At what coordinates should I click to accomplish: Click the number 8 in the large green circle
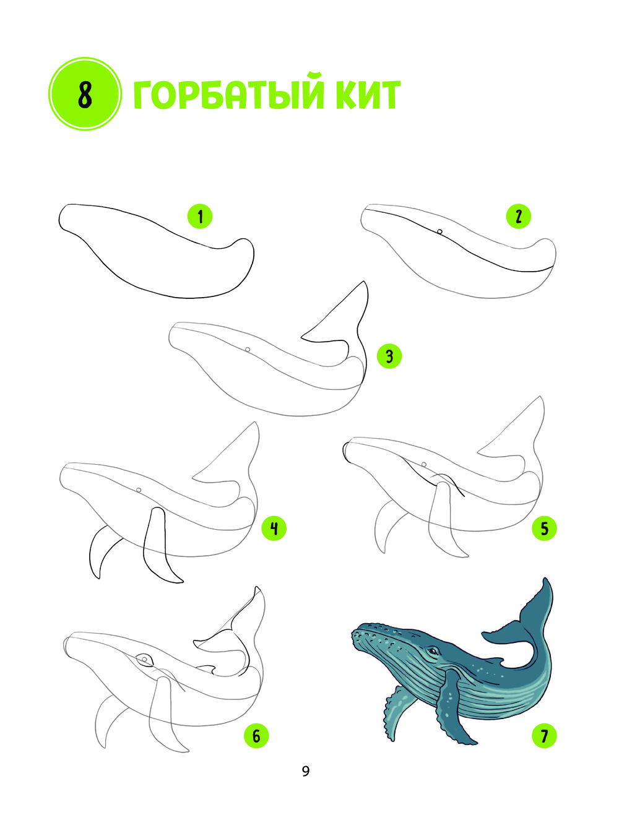[x=85, y=94]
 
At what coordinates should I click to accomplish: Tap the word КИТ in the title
[x=368, y=95]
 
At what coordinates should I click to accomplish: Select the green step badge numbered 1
[x=200, y=217]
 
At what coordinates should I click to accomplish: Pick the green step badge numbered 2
[x=519, y=216]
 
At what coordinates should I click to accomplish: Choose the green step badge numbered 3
[x=389, y=356]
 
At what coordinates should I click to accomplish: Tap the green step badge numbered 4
[x=274, y=528]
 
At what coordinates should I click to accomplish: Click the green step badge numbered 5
[x=544, y=528]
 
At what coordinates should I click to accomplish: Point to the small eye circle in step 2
[x=439, y=231]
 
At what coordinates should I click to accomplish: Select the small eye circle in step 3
[x=248, y=350]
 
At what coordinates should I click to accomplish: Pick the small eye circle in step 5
[x=423, y=465]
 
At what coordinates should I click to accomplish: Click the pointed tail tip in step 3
[x=364, y=282]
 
